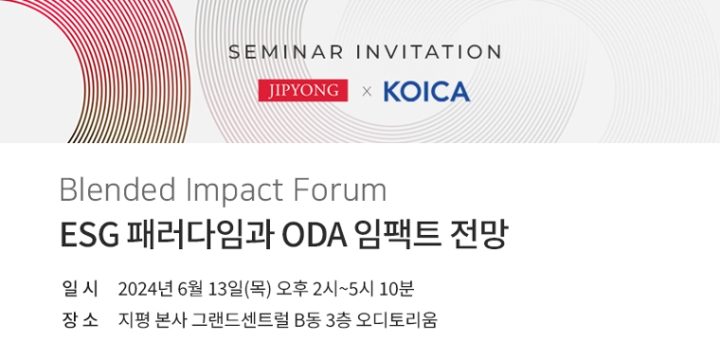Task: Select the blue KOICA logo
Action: (x=426, y=92)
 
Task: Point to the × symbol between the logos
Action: (x=367, y=93)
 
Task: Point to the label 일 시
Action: (x=80, y=288)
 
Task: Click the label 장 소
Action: (x=80, y=319)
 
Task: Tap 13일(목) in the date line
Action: (x=243, y=288)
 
